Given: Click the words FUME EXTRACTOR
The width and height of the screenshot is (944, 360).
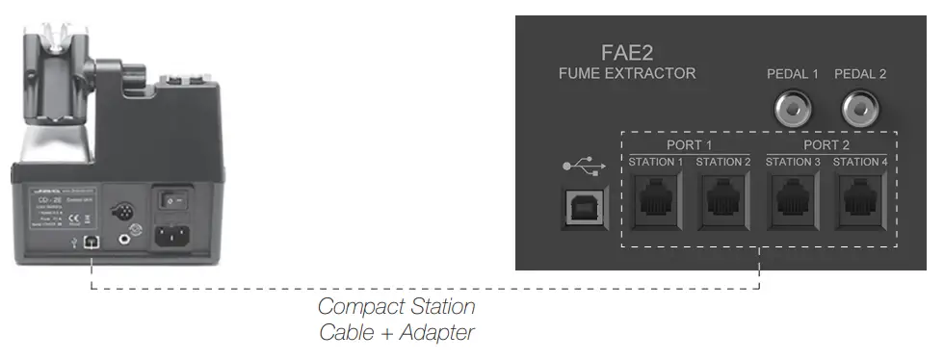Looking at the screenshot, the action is coord(626,73).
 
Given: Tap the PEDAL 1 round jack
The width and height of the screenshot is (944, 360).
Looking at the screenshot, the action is coord(793,111).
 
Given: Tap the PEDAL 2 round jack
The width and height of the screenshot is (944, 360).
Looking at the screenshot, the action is coord(860,111).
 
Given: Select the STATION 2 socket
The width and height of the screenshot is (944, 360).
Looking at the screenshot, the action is coord(722,199).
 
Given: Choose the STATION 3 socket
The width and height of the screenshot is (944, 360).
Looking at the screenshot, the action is coord(793,199).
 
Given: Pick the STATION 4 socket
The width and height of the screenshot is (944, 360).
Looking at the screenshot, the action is coord(860,199).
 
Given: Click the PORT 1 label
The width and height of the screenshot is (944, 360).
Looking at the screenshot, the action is coord(689,144).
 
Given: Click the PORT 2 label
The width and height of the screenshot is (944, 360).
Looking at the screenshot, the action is coord(826,144).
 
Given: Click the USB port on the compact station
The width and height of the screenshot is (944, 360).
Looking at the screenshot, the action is coord(91,243).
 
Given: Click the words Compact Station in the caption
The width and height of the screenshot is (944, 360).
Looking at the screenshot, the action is coord(396,307).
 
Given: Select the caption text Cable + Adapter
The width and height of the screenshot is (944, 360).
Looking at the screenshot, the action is coord(396,333).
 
